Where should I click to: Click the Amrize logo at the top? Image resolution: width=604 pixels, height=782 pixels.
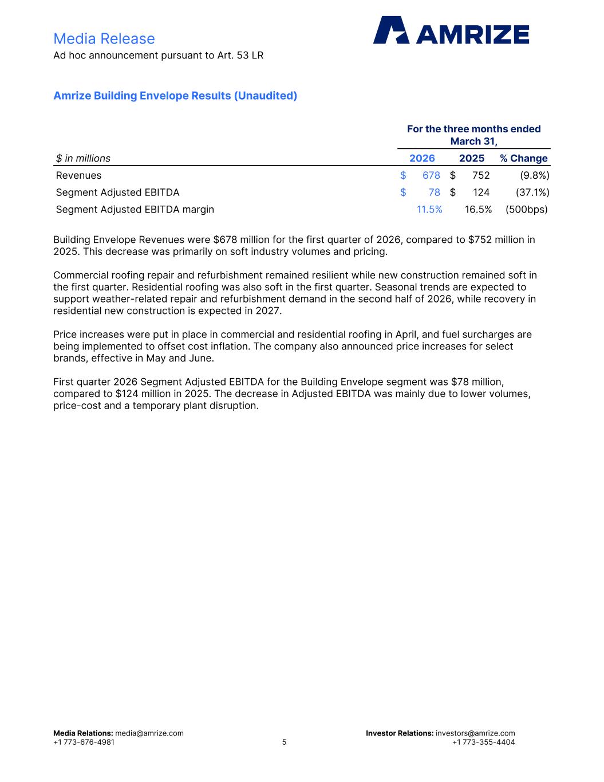point(451,30)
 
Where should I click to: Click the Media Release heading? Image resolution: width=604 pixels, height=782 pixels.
point(104,38)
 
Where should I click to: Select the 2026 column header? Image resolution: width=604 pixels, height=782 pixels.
point(422,158)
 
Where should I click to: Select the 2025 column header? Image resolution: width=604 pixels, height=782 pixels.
point(472,158)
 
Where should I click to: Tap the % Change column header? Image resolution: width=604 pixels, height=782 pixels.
point(523,158)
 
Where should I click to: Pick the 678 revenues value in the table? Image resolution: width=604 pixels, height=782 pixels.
point(431,175)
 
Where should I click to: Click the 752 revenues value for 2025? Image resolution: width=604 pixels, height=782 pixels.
point(481,175)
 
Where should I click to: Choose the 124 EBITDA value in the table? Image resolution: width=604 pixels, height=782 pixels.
point(481,192)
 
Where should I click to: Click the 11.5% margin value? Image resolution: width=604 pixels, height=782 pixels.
point(429,209)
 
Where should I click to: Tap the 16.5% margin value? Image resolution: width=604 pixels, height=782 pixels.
point(478,209)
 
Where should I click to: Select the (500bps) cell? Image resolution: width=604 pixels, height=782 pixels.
point(526,209)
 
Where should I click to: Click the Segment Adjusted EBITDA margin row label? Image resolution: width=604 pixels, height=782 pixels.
point(135,209)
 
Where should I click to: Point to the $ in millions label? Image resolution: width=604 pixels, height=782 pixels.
point(84,158)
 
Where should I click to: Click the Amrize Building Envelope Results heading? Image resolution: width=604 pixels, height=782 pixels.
point(175,96)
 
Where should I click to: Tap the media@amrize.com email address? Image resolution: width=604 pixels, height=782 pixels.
point(149,733)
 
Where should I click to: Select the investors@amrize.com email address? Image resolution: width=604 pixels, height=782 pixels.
point(475,733)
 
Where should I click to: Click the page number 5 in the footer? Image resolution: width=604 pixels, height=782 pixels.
point(284,742)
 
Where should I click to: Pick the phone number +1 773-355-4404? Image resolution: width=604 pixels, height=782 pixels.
point(483,742)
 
